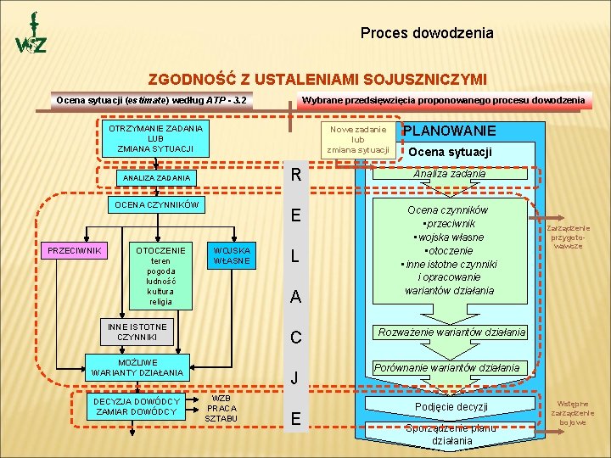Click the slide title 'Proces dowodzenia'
pos(426,34)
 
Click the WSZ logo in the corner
pos(31,36)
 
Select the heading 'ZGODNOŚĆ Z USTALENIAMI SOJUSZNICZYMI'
pos(317,80)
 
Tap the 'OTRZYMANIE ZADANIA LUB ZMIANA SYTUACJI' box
pos(156,138)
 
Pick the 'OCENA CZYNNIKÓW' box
pos(156,205)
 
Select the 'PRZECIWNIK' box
pos(75,251)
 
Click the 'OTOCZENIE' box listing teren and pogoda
pos(160,276)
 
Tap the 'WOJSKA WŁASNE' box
pos(232,255)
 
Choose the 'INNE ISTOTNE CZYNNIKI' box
pos(137,332)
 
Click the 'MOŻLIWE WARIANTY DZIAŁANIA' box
pos(137,367)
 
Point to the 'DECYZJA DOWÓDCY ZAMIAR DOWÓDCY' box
pos(137,406)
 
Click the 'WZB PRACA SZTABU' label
pos(221,408)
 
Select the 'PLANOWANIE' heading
pos(449,131)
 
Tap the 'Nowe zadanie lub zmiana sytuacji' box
pos(358,139)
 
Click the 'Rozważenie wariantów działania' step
pos(452,332)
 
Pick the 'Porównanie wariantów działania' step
pos(446,367)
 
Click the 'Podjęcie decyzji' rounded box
pos(451,406)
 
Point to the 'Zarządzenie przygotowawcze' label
pos(569,237)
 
